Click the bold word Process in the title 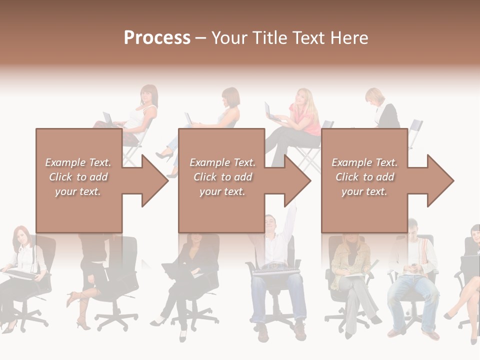pos(157,38)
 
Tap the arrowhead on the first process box pos(152,180)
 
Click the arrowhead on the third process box pos(438,180)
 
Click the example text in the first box pos(78,177)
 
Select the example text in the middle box pos(222,177)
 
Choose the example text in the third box pos(364,177)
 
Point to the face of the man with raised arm pos(270,223)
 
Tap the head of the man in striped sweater pos(413,228)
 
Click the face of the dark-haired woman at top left pos(148,95)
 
